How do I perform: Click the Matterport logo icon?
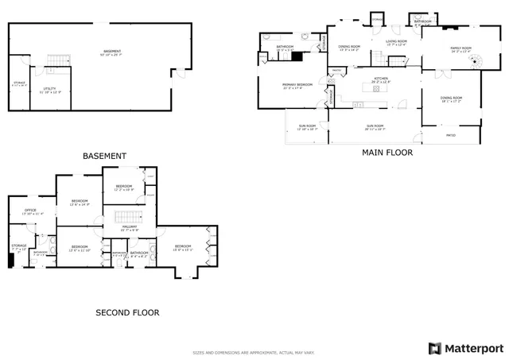(x=433, y=348)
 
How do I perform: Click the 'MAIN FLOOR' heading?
(x=387, y=153)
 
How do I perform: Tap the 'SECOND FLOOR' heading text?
(x=127, y=313)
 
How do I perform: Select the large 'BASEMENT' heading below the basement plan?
(x=104, y=156)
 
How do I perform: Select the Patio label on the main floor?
(x=450, y=136)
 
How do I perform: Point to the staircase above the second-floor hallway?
(x=126, y=217)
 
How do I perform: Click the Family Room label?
(x=461, y=49)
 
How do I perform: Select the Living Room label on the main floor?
(x=396, y=42)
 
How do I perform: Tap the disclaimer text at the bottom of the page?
(x=253, y=352)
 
